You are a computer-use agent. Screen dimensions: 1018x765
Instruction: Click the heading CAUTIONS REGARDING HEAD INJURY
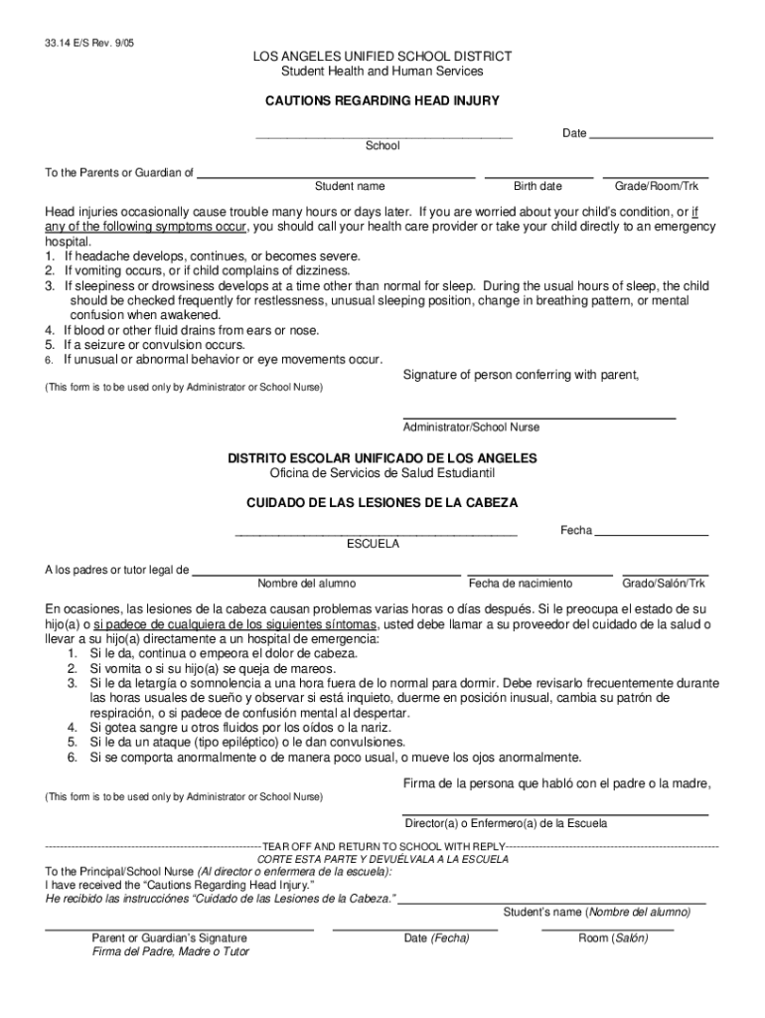[x=382, y=101]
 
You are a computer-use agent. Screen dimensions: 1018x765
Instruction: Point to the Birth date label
[x=537, y=187]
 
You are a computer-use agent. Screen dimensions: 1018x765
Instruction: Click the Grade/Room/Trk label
[x=657, y=187]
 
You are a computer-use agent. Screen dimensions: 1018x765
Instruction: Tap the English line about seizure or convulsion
[x=154, y=345]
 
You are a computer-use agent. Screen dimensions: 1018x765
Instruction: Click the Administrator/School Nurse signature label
[x=471, y=427]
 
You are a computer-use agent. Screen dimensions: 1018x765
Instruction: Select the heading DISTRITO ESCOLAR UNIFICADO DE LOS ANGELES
[x=382, y=458]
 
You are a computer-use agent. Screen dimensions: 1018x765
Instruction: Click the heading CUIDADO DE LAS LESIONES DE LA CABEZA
[x=382, y=503]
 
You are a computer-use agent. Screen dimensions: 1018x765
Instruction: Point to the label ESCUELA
[x=373, y=545]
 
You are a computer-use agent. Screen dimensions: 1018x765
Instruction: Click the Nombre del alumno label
[x=307, y=584]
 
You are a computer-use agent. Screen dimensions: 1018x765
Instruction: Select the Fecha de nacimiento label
[x=521, y=584]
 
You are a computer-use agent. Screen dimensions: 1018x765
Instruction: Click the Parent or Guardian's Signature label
[x=170, y=937]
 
